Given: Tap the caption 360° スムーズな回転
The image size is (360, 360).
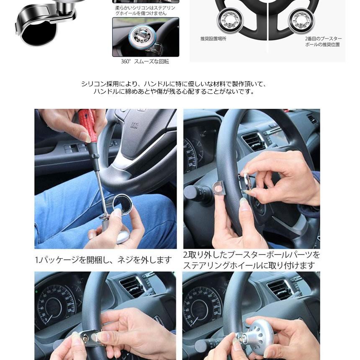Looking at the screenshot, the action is coord(145,62).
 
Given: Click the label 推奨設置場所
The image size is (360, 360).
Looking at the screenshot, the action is coord(213,39).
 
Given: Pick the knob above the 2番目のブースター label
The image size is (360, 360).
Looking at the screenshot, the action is coord(301,21).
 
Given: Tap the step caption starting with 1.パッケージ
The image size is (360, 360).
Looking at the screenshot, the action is coord(103,260).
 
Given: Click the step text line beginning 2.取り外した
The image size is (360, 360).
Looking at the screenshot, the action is coord(252,255).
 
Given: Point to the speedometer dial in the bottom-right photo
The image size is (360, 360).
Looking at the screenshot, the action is coord(202,309).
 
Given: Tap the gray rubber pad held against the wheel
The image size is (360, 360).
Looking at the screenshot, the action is coord(219,188).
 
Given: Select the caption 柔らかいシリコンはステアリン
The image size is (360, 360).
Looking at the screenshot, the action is coord(145,8).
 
